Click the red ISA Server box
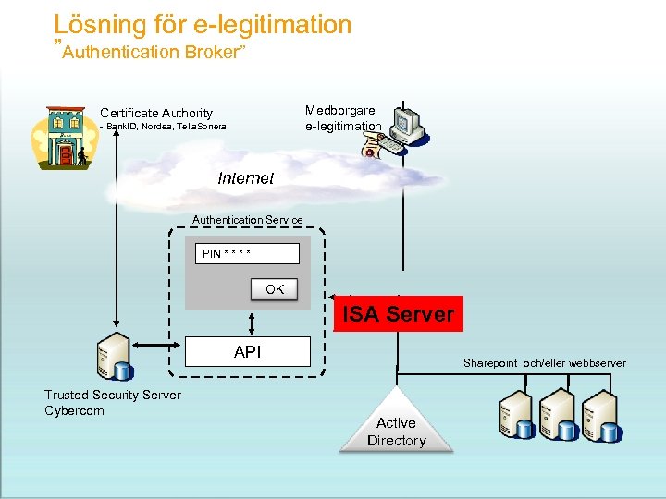pyautogui.click(x=398, y=314)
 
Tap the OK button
pyautogui.click(x=275, y=289)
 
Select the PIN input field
pyautogui.click(x=247, y=254)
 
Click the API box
pyautogui.click(x=247, y=352)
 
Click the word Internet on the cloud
pyautogui.click(x=246, y=178)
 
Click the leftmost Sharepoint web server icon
pyautogui.click(x=516, y=415)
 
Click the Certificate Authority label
pyautogui.click(x=156, y=113)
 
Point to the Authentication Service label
pyautogui.click(x=247, y=220)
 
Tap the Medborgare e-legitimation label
pyautogui.click(x=342, y=118)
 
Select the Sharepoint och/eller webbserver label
pyautogui.click(x=544, y=363)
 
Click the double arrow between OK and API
pyautogui.click(x=251, y=323)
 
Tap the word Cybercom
pyautogui.click(x=75, y=410)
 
